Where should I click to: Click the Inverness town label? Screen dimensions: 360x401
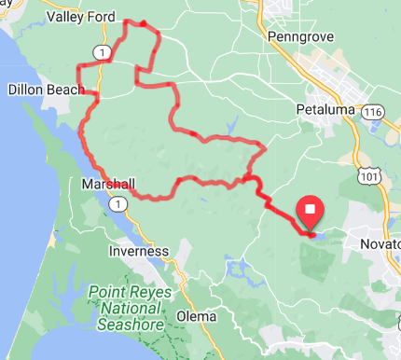pos(138,251)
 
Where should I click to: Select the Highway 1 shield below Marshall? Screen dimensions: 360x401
pos(118,202)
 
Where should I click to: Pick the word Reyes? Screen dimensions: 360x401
pos(143,294)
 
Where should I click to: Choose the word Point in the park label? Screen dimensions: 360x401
pos(105,294)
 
